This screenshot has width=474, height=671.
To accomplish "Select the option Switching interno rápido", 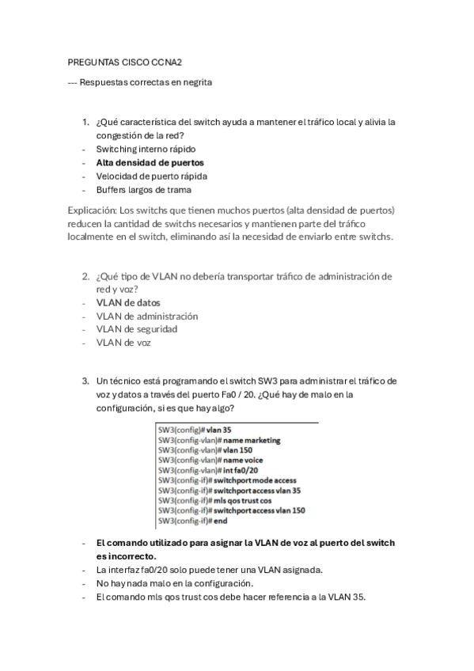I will [x=146, y=149].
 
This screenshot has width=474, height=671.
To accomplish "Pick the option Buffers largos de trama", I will [x=143, y=189].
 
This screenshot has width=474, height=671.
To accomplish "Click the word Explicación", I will [x=91, y=210].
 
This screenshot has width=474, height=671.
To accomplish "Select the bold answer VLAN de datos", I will [x=128, y=302].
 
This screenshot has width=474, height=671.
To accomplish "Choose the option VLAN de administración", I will [x=147, y=316].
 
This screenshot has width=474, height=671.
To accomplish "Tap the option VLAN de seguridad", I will [x=136, y=328].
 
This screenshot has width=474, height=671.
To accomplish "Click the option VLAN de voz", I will [x=123, y=342].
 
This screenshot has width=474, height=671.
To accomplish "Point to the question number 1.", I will [x=85, y=122].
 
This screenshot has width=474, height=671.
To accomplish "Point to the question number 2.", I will [x=85, y=276].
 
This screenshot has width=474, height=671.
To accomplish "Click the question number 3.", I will [x=85, y=381].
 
